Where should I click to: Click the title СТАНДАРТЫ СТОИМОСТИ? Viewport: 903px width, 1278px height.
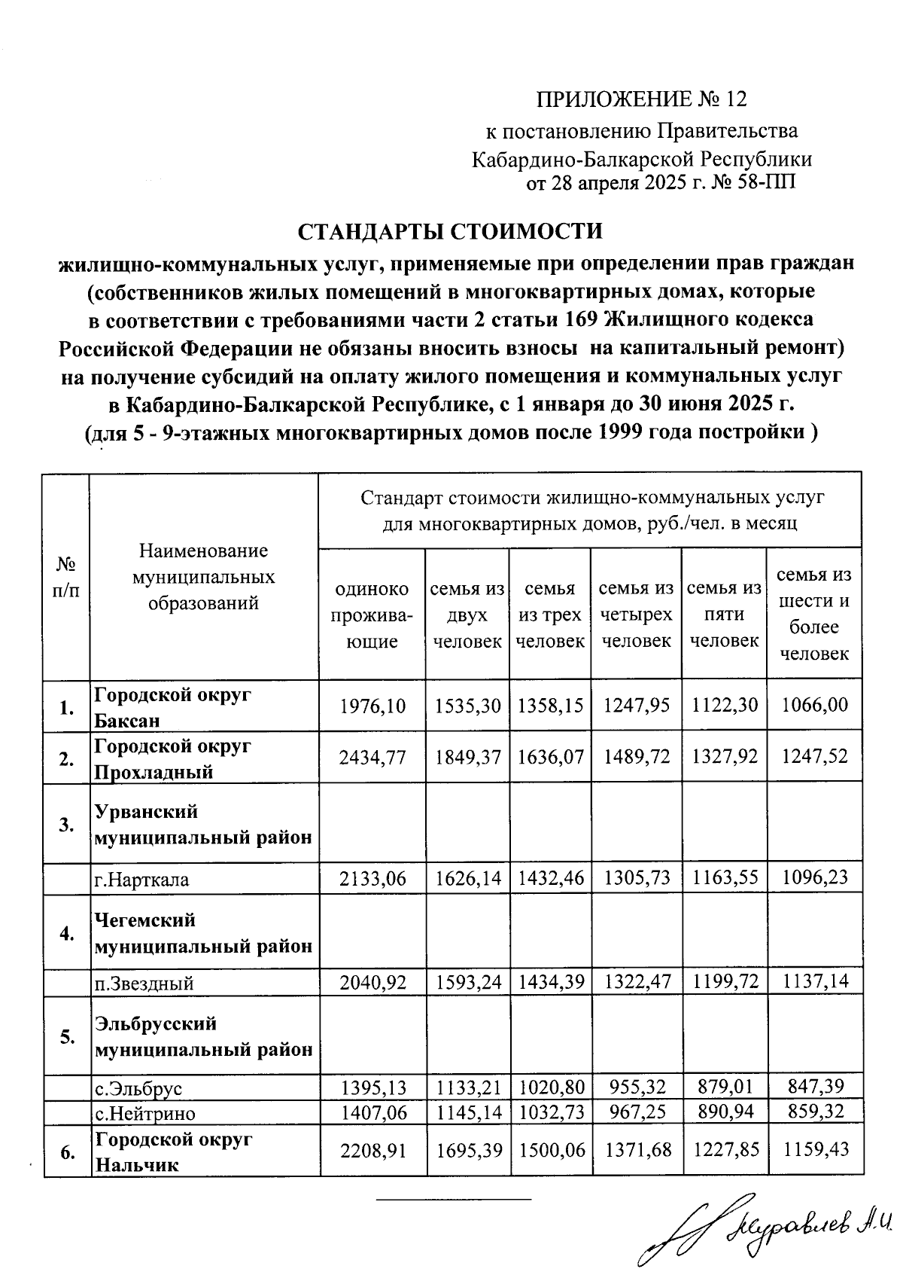(x=451, y=230)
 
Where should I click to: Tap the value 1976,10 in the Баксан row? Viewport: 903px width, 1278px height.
(x=372, y=706)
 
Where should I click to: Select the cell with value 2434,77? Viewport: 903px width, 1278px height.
(x=372, y=757)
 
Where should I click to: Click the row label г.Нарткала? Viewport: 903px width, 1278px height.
(x=141, y=880)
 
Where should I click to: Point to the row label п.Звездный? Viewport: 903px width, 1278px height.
(x=144, y=983)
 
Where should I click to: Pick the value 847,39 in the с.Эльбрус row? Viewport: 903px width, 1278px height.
(x=815, y=1086)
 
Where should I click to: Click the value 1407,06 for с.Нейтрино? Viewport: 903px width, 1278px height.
(x=372, y=1112)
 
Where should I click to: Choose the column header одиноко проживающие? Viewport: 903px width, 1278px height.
(x=372, y=615)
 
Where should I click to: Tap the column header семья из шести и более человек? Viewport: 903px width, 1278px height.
(x=815, y=615)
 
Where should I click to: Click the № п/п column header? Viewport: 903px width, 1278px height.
(x=66, y=577)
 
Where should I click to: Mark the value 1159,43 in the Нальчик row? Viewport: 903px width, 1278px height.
(x=815, y=1150)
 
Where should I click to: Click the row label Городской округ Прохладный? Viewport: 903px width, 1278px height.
(x=172, y=758)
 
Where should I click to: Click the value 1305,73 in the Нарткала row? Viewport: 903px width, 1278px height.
(x=636, y=878)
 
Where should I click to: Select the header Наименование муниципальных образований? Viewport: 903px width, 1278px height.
(x=204, y=577)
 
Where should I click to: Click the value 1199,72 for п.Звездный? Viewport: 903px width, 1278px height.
(x=724, y=981)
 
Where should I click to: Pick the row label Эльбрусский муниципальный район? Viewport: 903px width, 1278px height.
(x=203, y=1036)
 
